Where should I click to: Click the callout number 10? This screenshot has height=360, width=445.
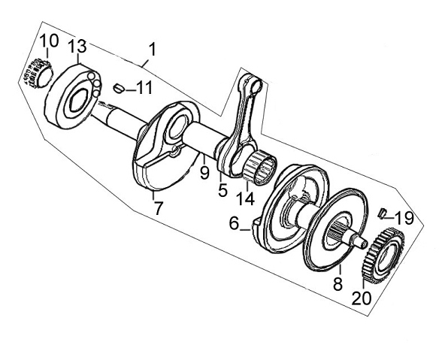[x=49, y=41]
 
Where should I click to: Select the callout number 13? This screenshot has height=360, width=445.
[x=77, y=46]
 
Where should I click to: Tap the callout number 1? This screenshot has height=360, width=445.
[x=153, y=49]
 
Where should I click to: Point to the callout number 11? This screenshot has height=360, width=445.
[x=144, y=87]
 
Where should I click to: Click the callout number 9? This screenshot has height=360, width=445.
[x=204, y=173]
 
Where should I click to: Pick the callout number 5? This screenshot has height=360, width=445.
[x=222, y=190]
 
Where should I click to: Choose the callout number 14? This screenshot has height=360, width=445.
[x=246, y=198]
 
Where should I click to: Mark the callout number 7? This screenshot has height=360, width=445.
[x=158, y=208]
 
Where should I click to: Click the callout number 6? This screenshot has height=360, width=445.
[x=234, y=223]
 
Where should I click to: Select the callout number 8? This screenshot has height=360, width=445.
[x=338, y=283]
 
